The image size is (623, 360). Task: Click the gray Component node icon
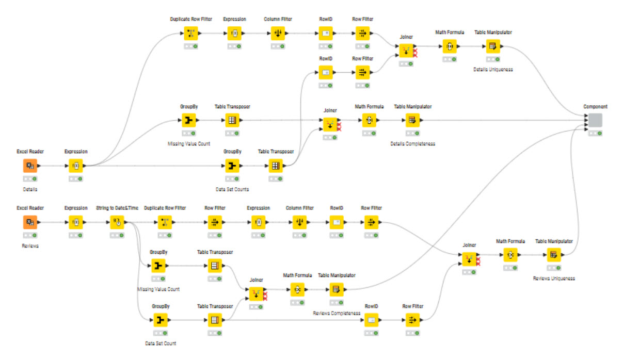[x=595, y=120]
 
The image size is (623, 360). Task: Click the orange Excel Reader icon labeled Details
[x=30, y=166]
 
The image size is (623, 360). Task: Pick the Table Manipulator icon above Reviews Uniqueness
[x=553, y=255]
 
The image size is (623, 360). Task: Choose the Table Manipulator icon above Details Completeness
[x=412, y=121]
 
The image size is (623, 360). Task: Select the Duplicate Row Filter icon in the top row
[x=190, y=34]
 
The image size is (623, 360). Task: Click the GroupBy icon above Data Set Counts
[x=232, y=166]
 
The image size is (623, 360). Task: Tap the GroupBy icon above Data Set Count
[x=160, y=320]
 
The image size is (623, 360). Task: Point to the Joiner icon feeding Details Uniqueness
[x=406, y=51]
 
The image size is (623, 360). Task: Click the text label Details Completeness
[x=412, y=144]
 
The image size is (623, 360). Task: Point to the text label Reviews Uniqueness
[x=553, y=279]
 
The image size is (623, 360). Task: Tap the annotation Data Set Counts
[x=232, y=189]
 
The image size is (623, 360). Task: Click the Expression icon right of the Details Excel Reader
[x=76, y=166]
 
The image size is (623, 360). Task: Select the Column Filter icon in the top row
[x=278, y=34]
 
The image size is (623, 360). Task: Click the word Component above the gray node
[x=595, y=107]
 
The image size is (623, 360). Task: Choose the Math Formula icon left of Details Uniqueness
[x=450, y=46]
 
